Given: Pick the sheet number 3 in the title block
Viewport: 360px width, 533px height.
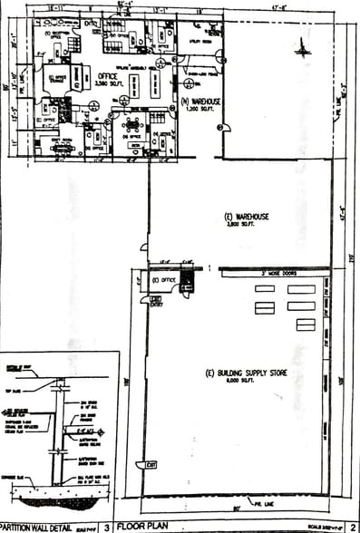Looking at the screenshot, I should coord(106,524).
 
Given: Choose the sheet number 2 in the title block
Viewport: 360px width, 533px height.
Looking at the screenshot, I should coord(350,524).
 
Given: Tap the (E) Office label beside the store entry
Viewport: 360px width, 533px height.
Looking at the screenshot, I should coord(164,281).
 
